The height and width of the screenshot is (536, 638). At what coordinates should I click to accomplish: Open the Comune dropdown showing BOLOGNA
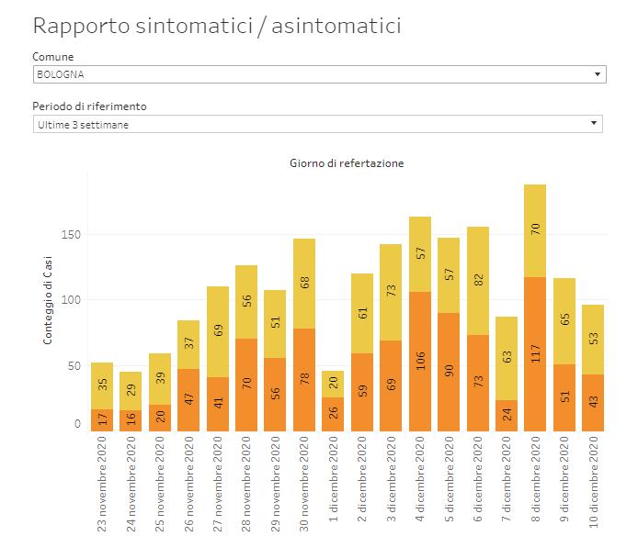coord(319,74)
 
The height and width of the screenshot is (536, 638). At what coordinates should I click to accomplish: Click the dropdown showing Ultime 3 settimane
coord(317,123)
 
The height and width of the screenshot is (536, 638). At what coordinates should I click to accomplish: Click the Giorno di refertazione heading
coord(347,163)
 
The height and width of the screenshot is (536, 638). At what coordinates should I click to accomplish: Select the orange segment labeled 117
coord(535,354)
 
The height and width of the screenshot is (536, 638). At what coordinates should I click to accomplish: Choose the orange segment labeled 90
coord(449,372)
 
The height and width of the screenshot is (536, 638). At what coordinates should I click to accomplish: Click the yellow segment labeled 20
coord(334,384)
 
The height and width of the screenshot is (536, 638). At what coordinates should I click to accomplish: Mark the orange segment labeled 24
coord(507,416)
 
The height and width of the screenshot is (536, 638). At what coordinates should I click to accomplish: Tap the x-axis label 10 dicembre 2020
coord(593,482)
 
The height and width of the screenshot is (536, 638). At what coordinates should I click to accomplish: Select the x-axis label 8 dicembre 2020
coord(535,482)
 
